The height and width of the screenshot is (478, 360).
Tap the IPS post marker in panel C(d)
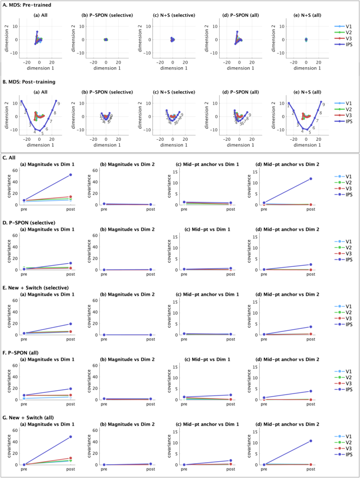(311, 179)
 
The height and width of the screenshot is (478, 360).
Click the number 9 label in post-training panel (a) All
(58, 103)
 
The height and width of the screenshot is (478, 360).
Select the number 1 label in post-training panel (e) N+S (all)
(289, 105)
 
